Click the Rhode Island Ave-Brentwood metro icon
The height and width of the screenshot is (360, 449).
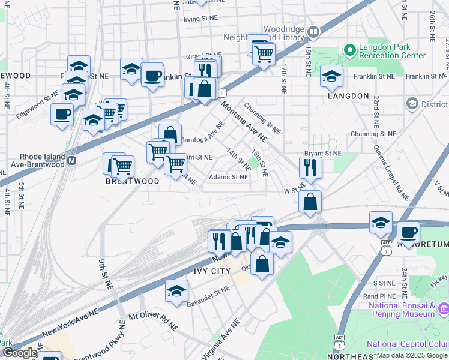71,161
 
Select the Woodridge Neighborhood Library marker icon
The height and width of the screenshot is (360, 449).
313,31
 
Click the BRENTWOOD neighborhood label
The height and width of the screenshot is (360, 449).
133,181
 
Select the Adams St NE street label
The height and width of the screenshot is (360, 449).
228,177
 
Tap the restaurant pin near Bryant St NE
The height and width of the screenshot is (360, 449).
310,167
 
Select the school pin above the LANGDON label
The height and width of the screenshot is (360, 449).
331,76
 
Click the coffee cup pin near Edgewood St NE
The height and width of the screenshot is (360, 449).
61,114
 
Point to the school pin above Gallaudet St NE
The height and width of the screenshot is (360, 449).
176,290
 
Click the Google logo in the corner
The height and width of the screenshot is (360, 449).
20,353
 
